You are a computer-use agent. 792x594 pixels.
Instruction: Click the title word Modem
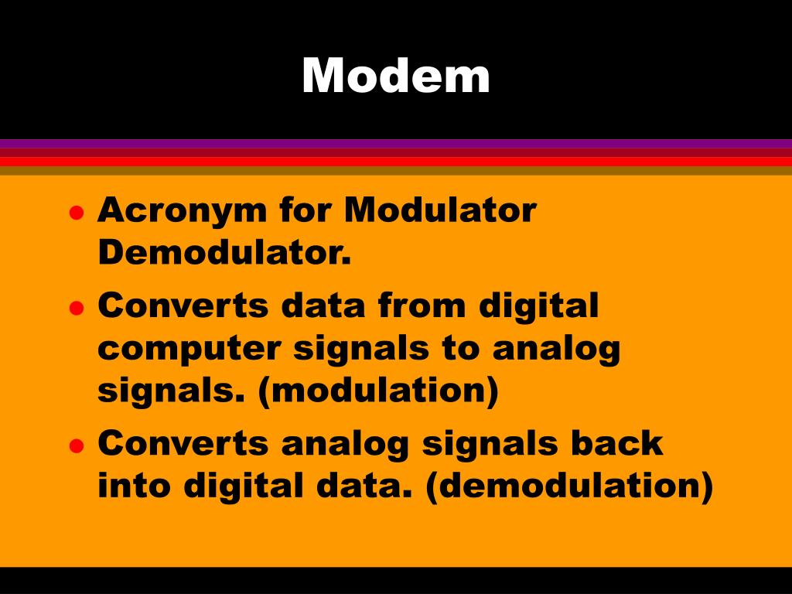click(396, 76)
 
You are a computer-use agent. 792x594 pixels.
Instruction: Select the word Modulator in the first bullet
click(440, 210)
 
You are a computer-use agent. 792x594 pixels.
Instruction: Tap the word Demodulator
click(224, 252)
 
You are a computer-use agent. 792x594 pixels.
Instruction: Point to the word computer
click(189, 350)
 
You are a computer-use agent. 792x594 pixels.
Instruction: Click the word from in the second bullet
click(422, 306)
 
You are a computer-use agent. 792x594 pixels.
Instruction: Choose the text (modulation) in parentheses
click(378, 391)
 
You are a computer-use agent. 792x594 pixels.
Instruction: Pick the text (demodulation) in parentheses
click(568, 486)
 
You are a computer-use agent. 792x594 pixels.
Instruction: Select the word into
click(135, 486)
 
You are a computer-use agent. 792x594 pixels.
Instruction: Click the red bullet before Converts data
click(76, 308)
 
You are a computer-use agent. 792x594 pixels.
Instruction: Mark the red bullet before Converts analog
click(76, 445)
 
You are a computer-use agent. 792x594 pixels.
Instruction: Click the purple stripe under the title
click(396, 143)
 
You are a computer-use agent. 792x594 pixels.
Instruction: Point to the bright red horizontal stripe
click(396, 161)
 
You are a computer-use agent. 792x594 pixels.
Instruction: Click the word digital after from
click(538, 306)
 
